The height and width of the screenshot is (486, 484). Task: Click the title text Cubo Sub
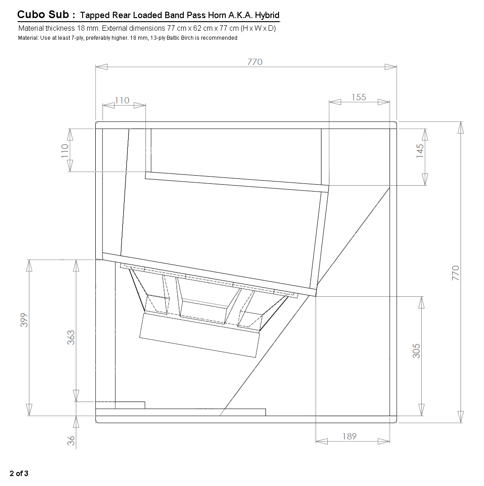click(43, 15)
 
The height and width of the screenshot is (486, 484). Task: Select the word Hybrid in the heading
click(267, 15)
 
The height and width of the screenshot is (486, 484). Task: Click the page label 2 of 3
click(19, 473)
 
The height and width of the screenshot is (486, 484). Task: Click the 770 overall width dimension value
click(255, 62)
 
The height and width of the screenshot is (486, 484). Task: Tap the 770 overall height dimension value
click(456, 273)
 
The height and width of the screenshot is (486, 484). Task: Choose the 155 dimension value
click(358, 97)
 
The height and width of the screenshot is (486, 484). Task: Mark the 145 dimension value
click(420, 150)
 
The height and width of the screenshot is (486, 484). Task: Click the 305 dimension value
click(416, 351)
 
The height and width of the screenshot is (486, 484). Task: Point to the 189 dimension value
click(349, 436)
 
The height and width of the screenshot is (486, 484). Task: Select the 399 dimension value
click(25, 320)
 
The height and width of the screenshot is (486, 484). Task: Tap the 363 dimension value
click(71, 337)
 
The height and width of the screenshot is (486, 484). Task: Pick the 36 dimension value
click(71, 441)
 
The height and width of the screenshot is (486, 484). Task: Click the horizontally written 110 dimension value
click(122, 100)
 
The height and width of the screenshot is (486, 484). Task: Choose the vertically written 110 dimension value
click(65, 150)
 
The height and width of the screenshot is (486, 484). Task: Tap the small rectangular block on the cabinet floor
click(130, 405)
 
